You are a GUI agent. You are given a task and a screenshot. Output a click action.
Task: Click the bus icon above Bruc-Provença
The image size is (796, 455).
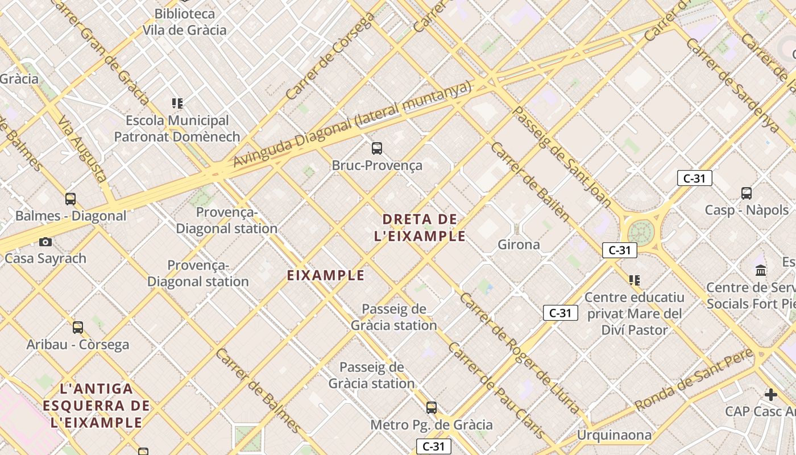click(x=376, y=148)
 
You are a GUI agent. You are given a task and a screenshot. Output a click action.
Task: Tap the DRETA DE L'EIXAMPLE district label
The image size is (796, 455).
click(x=420, y=227)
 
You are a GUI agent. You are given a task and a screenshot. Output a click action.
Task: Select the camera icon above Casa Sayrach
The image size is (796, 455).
click(x=45, y=242)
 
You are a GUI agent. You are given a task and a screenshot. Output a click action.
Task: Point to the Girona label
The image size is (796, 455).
click(x=519, y=245)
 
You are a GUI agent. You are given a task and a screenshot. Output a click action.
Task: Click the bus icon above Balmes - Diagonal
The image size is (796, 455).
click(x=71, y=199)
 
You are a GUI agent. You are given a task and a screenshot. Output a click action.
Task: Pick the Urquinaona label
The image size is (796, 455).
click(x=614, y=435)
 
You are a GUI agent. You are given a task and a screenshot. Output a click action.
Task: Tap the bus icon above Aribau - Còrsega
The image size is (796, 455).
click(x=78, y=328)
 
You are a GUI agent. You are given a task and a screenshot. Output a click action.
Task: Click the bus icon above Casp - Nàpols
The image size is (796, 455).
click(x=747, y=193)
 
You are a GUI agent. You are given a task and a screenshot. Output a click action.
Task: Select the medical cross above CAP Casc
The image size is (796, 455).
click(x=770, y=394)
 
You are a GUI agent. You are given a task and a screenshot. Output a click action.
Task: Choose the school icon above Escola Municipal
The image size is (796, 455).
click(x=177, y=104)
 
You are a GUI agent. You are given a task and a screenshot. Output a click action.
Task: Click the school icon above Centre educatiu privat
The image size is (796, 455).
click(x=635, y=280)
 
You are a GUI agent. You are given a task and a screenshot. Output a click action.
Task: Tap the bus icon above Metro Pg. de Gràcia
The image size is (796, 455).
click(x=432, y=408)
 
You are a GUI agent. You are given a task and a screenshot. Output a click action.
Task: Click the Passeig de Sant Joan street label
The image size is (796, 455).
click(x=562, y=156)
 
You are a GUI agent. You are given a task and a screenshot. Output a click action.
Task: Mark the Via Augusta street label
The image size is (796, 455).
click(x=83, y=150)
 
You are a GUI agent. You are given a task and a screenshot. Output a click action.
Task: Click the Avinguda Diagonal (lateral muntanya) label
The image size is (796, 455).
click(x=353, y=123)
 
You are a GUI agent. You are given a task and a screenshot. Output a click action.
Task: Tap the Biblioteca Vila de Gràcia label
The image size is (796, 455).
click(x=184, y=22)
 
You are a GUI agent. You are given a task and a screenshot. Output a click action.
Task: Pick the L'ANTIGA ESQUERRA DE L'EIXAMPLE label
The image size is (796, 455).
click(x=97, y=406)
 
